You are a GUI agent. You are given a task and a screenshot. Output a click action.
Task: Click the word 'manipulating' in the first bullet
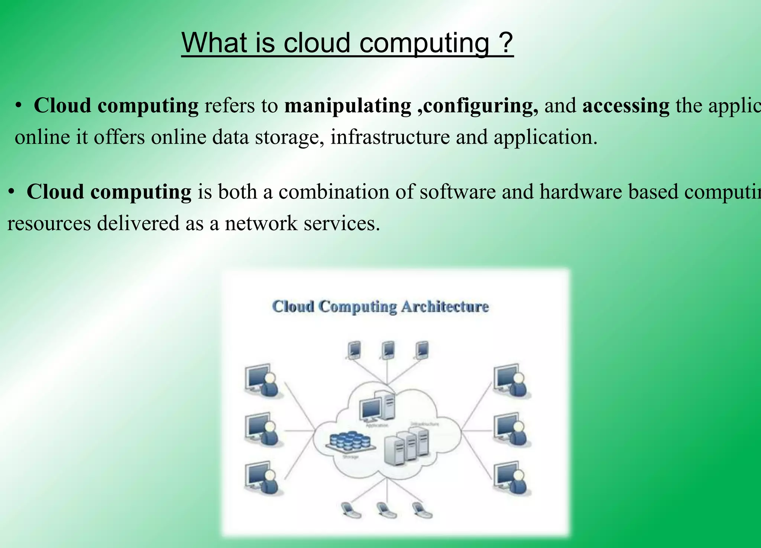[x=347, y=106]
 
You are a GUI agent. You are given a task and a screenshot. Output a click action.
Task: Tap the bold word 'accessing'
[x=626, y=106]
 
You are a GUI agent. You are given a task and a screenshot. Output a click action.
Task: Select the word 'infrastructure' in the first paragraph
[x=390, y=137]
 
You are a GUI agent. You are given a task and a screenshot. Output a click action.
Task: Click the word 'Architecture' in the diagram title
[x=445, y=307]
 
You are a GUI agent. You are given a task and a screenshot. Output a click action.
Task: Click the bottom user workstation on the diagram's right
[x=512, y=478]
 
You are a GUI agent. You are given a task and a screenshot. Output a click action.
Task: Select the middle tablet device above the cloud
[x=388, y=350]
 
